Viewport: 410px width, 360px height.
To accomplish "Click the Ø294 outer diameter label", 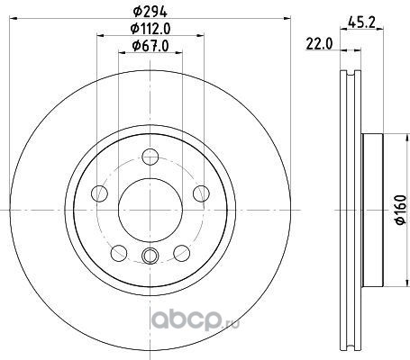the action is [x=150, y=12].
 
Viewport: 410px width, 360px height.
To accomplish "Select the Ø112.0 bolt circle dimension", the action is [x=150, y=29].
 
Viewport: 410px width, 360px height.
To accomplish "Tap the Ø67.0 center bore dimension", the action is [x=150, y=46].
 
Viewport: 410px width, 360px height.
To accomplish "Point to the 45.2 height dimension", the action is [x=361, y=22].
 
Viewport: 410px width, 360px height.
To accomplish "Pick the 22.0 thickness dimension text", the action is [x=319, y=44].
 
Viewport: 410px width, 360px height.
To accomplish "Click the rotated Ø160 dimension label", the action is [x=401, y=210].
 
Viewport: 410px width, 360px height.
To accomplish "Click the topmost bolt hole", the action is [x=150, y=157].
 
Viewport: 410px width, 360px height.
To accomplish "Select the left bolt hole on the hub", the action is [x=99, y=193].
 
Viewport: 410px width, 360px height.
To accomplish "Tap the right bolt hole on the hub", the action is [x=201, y=193].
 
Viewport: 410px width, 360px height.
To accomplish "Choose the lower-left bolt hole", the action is [x=119, y=253].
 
